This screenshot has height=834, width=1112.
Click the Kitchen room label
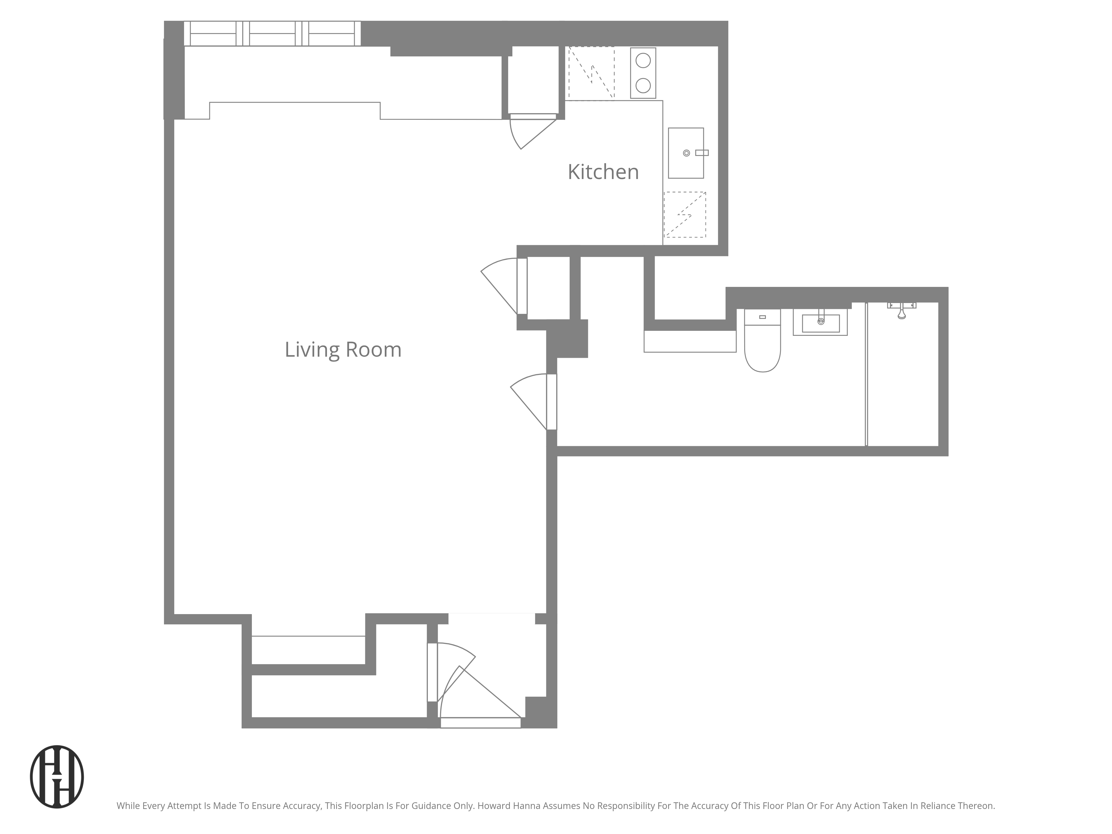603,172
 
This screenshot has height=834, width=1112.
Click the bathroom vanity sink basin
820,323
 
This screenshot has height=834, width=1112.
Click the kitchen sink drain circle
686,153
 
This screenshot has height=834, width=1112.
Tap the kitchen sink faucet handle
702,153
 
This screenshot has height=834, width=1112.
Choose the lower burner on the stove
643,85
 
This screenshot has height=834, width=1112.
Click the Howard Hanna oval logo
57,777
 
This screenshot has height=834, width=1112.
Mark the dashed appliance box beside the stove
591,73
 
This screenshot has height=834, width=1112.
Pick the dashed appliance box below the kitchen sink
685,215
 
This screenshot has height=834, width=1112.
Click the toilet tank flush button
762,317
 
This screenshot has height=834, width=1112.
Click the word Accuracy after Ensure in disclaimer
301,806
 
